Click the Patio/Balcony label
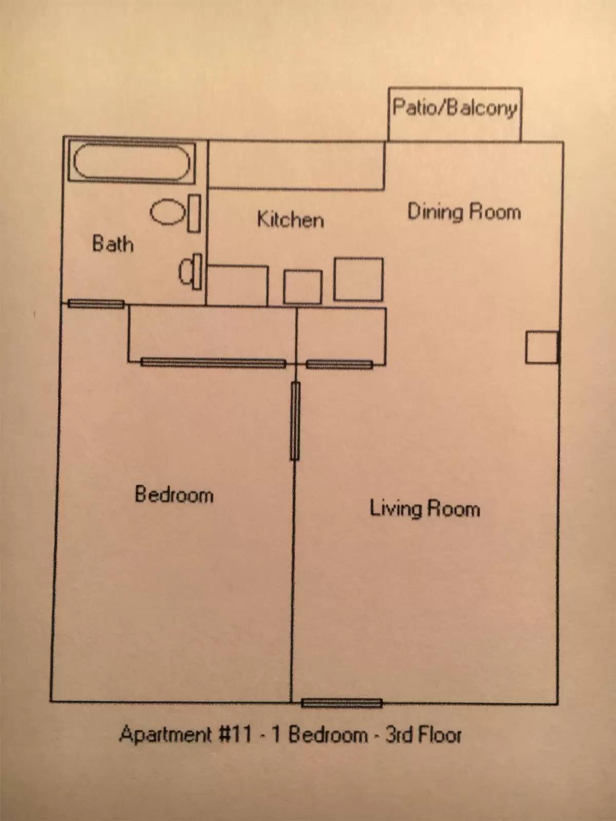(455, 108)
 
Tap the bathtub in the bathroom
(131, 162)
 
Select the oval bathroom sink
(168, 212)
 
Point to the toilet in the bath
(191, 271)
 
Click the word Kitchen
(290, 220)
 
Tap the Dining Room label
(464, 212)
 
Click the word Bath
(112, 243)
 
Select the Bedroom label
(174, 495)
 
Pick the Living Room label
(425, 509)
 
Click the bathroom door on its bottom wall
(96, 304)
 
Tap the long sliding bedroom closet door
(213, 363)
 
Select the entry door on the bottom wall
(342, 703)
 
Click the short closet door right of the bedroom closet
(339, 365)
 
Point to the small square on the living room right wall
(541, 348)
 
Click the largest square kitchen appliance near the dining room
(358, 280)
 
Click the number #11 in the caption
(236, 734)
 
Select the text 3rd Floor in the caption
(423, 735)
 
